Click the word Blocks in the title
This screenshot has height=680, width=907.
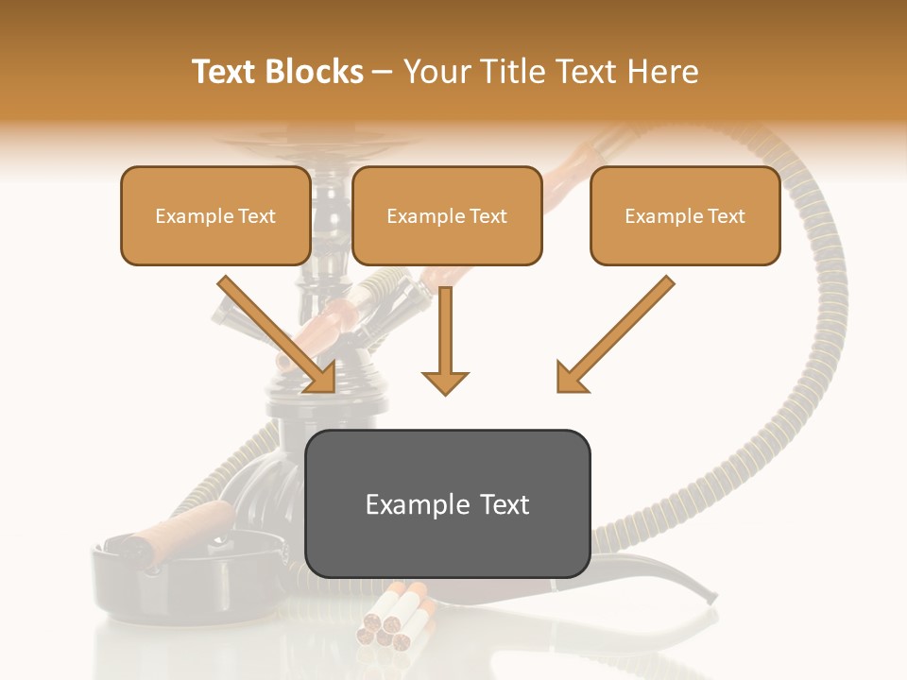(x=315, y=72)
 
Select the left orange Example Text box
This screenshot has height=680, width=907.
(x=215, y=216)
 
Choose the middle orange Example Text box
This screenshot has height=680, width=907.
(x=447, y=216)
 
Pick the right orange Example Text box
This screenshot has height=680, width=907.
(x=685, y=216)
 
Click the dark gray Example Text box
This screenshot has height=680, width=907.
(x=447, y=504)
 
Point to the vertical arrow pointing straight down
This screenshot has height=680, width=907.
(x=445, y=340)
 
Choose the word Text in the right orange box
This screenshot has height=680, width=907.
(x=727, y=216)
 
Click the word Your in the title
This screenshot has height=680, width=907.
(x=436, y=72)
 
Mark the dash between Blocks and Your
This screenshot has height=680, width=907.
(x=383, y=72)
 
